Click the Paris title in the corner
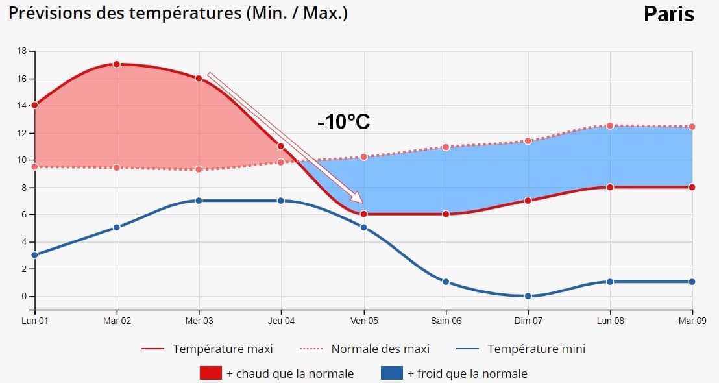coord(668,14)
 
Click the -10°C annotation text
coord(343,121)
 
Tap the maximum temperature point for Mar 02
coord(117,64)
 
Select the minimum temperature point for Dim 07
coord(528,296)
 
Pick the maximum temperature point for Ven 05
coord(363,214)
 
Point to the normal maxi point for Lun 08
coord(610,126)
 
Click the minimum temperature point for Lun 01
coord(34,255)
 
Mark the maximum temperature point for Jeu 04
coord(281,146)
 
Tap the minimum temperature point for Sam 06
coord(446,282)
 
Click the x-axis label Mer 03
coord(199,320)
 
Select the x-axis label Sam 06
coord(446,320)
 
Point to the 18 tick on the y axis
coord(22,51)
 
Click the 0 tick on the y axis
coord(24,296)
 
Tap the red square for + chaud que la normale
coord(210,373)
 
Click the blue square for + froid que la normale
coord(391,373)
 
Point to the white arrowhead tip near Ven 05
coord(361,203)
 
